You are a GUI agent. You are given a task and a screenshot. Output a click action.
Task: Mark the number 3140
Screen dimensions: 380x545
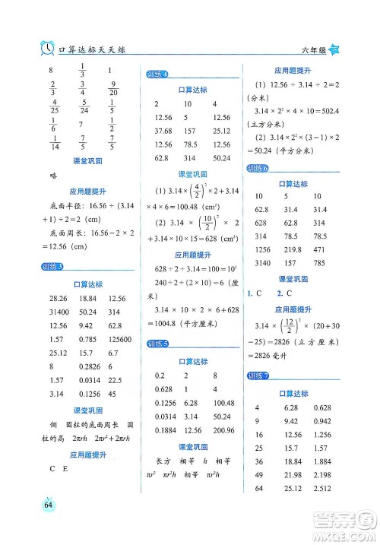pos(261,264)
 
